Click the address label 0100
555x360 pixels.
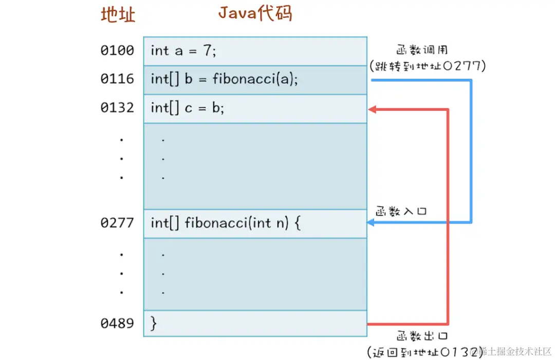pyautogui.click(x=117, y=50)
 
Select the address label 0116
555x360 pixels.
pyautogui.click(x=117, y=79)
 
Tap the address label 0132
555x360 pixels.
pyautogui.click(x=117, y=108)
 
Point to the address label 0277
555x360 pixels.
pyautogui.click(x=117, y=223)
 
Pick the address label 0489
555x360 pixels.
pyautogui.click(x=117, y=324)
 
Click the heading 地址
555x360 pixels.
pyautogui.click(x=118, y=15)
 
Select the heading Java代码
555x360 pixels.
pyautogui.click(x=255, y=13)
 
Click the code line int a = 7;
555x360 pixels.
pyautogui.click(x=183, y=51)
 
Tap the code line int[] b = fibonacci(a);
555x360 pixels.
pyautogui.click(x=224, y=80)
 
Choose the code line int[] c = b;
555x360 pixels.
pyautogui.click(x=188, y=108)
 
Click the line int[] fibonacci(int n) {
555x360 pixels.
pyautogui.click(x=225, y=223)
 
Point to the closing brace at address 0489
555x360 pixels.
pyautogui.click(x=153, y=324)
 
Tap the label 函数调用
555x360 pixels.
pyautogui.click(x=422, y=50)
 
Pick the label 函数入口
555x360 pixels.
pyautogui.click(x=401, y=211)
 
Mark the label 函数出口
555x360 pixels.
pyautogui.click(x=422, y=337)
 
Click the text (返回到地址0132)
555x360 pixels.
pyautogui.click(x=425, y=352)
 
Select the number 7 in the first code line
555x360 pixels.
pyautogui.click(x=207, y=51)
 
